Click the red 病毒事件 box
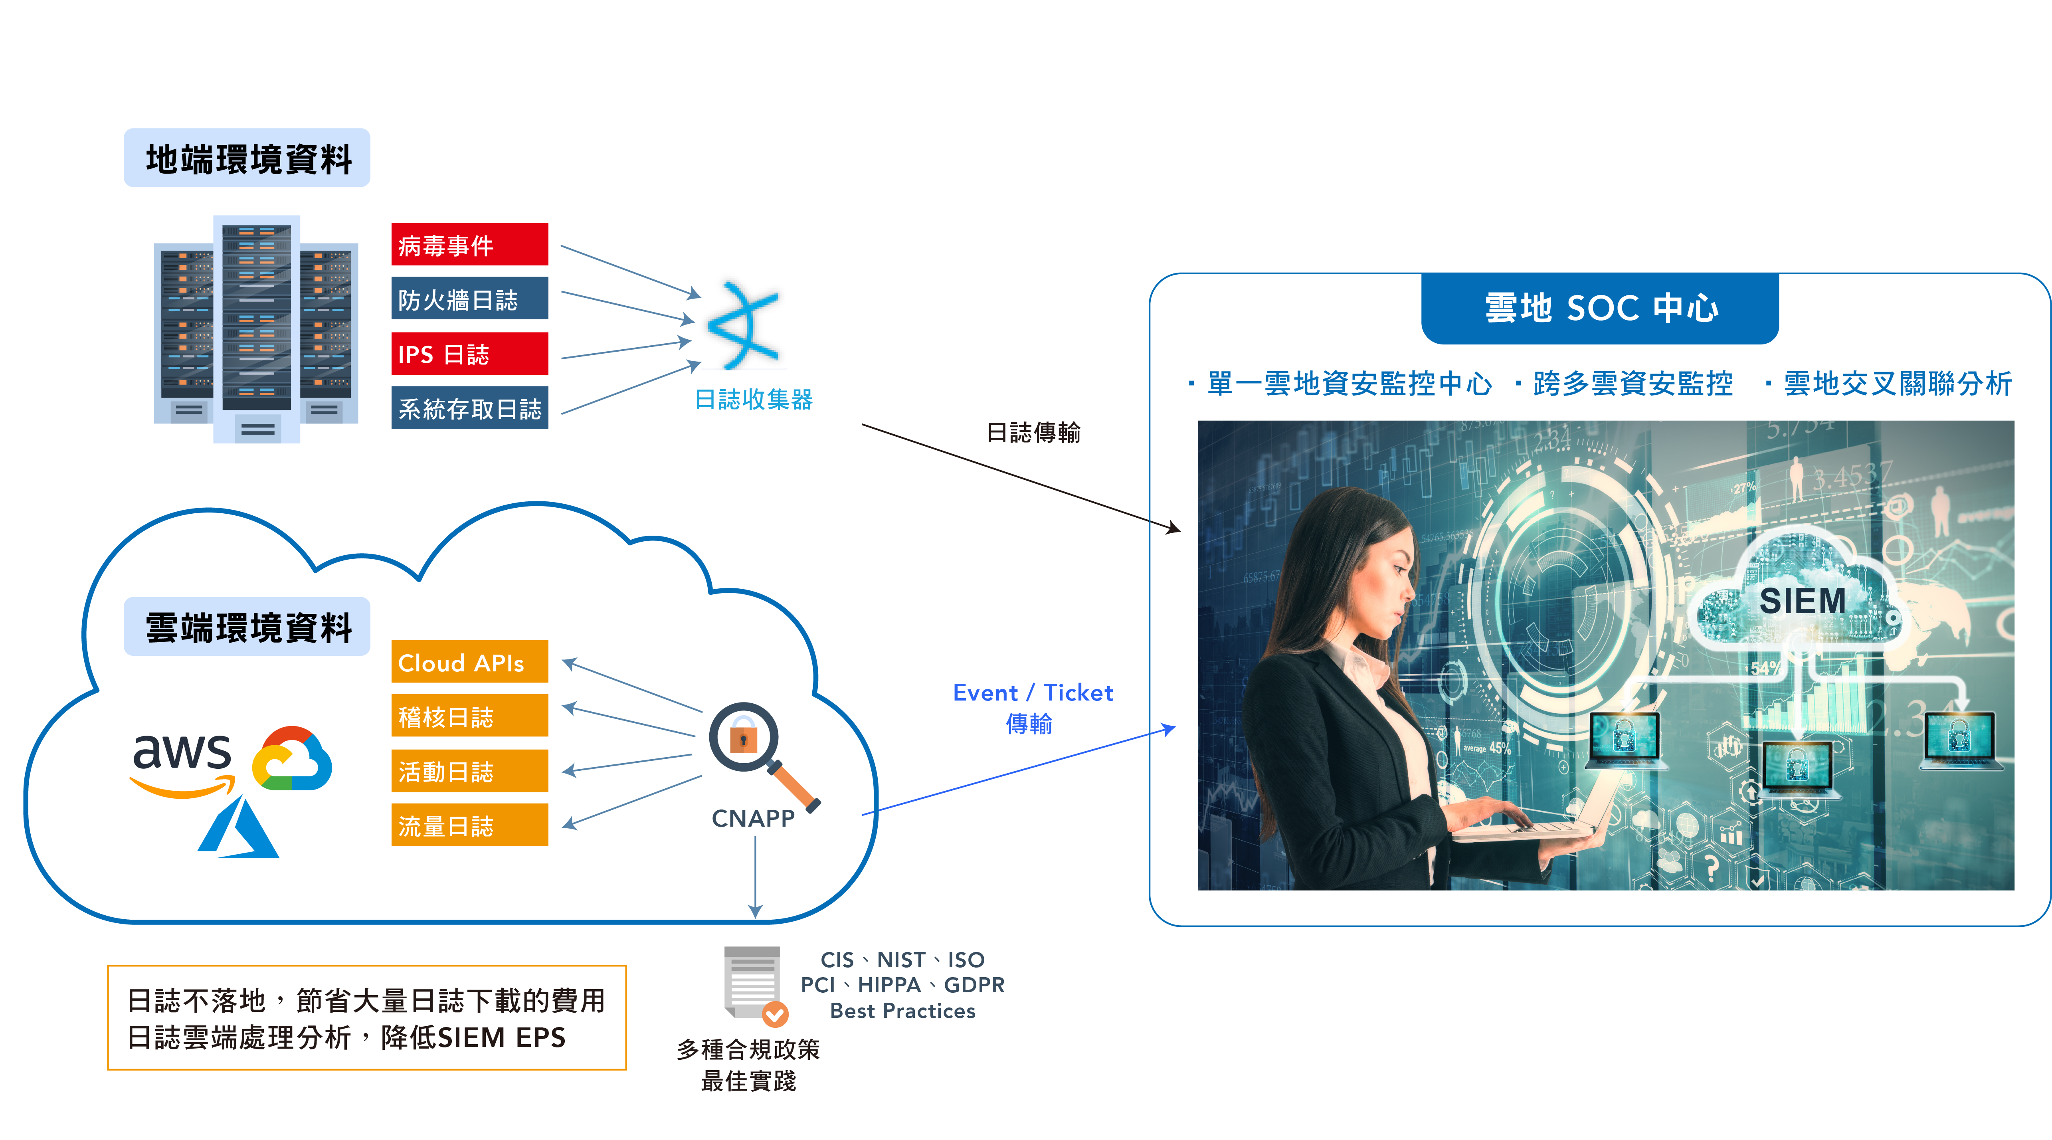[469, 245]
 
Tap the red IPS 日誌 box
[469, 354]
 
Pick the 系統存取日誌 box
[469, 408]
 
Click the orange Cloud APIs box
[469, 662]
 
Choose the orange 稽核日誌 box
[469, 716]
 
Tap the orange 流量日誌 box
[469, 825]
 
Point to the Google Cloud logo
[291, 759]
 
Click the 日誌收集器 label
[754, 399]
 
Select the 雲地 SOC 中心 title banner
[1599, 307]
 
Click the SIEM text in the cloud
[1802, 601]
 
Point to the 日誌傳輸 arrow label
[1033, 433]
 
